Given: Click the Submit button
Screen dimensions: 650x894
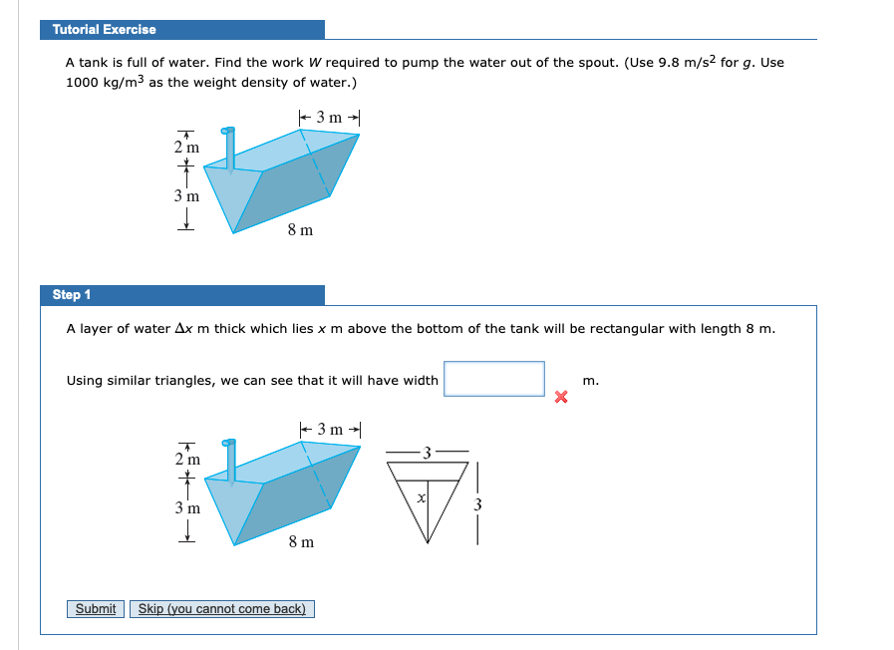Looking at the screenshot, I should tap(96, 609).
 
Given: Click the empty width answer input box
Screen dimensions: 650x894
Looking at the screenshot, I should tap(494, 379).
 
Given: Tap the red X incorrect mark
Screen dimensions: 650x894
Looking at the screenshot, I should tap(561, 398).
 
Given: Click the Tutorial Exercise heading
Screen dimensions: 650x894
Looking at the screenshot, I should tap(105, 30).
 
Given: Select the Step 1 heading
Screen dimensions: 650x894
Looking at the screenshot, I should tap(72, 295).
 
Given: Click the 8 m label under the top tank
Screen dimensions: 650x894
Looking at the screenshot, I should tap(300, 230).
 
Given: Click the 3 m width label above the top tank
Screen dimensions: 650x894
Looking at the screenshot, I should tap(329, 118).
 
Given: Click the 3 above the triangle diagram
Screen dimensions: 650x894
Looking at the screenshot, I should tap(427, 454).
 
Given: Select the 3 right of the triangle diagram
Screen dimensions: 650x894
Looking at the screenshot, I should tap(477, 504).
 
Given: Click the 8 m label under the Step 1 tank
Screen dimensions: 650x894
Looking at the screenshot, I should tap(300, 541).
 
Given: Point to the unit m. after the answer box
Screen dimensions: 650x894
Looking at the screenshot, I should tap(591, 380).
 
